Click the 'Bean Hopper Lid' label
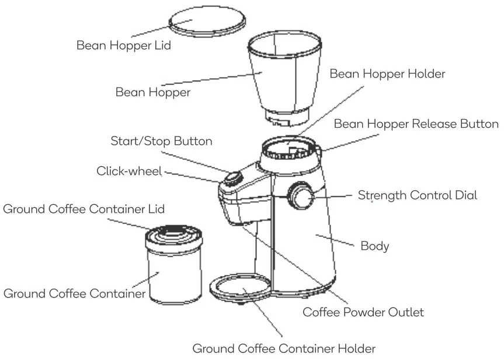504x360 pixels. pos(123,45)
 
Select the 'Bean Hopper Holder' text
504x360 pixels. pos(387,74)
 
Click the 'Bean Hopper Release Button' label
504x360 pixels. pos(416,124)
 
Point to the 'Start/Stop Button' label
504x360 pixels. pos(161,141)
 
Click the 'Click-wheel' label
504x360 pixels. pos(129,171)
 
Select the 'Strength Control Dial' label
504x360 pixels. pos(417,195)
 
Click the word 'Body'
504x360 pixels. pos(374,246)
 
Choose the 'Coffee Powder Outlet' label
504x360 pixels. pos(363,312)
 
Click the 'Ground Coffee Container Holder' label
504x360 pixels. pos(284,349)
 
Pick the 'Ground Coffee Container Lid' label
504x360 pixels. pos(84,209)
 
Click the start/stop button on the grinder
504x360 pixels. pos(234,178)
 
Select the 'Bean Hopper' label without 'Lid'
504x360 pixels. pos(152,92)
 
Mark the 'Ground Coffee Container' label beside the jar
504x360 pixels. pos(74,293)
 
